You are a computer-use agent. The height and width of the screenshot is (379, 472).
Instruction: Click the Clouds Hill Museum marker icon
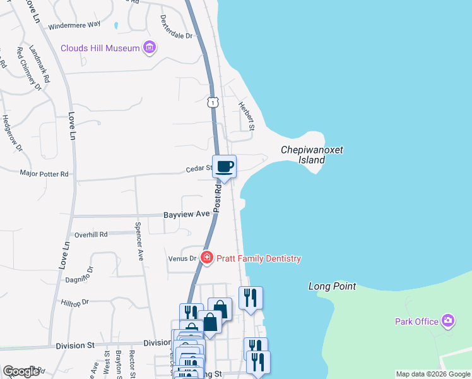point(150,47)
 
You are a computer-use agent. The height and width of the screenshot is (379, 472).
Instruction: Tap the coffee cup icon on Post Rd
point(224,167)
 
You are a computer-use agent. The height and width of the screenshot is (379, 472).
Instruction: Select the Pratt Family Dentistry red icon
point(206,258)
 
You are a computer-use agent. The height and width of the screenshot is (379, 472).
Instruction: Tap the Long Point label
point(332,286)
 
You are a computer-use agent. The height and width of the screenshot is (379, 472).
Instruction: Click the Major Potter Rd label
point(44,173)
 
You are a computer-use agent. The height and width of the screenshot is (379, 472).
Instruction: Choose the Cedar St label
point(198,169)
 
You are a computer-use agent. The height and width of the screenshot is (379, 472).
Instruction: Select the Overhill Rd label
point(91,234)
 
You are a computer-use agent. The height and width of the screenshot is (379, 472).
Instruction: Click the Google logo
point(21,371)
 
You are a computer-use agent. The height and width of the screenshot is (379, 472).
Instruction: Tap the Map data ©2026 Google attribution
point(432,374)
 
